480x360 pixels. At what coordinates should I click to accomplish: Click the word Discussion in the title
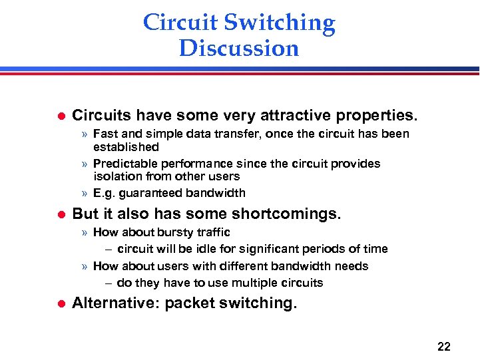(x=239, y=49)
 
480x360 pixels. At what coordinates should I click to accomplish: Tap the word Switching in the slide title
(x=279, y=23)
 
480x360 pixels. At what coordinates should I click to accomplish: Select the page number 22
(x=443, y=346)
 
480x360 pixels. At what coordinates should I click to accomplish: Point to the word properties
(x=379, y=115)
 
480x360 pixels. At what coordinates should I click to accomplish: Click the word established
(x=126, y=146)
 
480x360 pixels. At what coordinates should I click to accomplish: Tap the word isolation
(x=115, y=176)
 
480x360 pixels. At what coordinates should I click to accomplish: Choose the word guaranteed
(x=150, y=193)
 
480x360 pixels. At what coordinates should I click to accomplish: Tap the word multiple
(x=256, y=283)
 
